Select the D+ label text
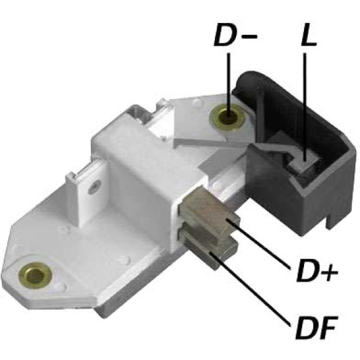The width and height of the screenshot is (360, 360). [x=317, y=271]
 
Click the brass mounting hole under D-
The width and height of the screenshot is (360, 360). [x=228, y=118]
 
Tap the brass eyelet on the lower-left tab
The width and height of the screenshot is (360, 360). [x=35, y=276]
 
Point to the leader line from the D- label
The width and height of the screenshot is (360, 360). [x=229, y=84]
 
